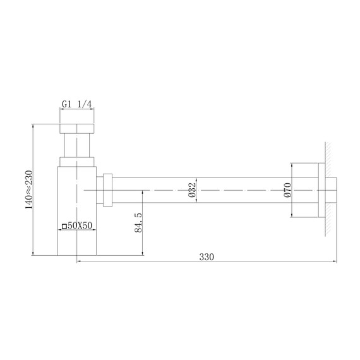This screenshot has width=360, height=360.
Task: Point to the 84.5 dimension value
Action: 138,222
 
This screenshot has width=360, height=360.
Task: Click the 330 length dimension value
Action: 207,256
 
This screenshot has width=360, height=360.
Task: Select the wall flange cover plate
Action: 321,189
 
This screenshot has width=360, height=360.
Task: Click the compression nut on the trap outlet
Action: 108,189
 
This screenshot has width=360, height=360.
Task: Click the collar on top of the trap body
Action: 76,162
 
